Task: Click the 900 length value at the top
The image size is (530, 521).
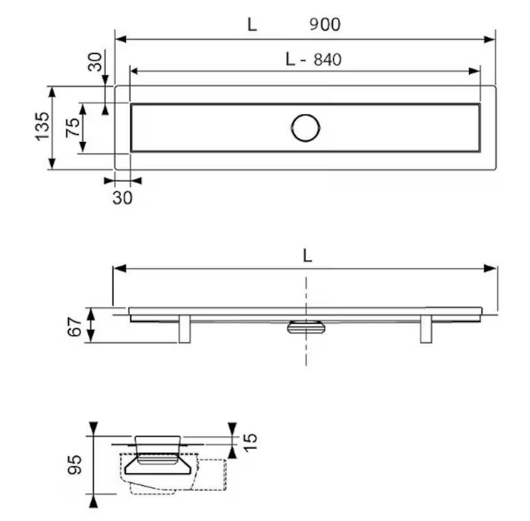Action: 325,24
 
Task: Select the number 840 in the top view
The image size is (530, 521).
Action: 328,59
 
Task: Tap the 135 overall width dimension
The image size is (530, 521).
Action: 43,126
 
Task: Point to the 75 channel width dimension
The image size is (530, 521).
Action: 73,128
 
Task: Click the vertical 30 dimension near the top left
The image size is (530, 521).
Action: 95,62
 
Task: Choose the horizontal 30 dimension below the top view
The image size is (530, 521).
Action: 123,198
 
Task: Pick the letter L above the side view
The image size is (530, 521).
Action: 307,256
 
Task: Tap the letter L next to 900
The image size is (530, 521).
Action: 252,24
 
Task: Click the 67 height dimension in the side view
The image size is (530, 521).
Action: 75,327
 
